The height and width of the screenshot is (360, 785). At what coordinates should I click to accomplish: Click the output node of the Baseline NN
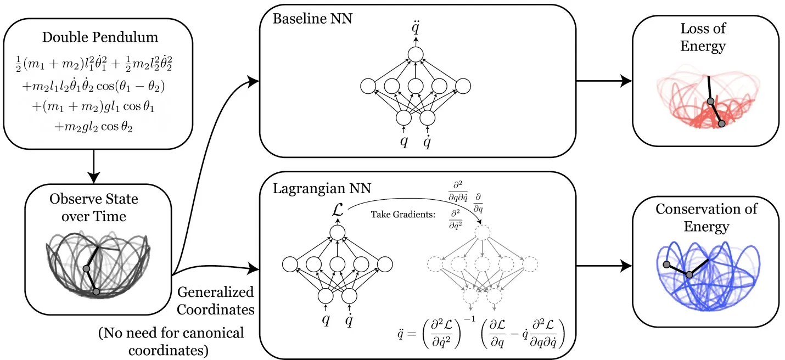(415, 54)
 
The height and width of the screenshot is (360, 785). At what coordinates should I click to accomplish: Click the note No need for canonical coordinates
(171, 341)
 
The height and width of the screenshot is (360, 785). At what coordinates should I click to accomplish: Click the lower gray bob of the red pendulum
(721, 124)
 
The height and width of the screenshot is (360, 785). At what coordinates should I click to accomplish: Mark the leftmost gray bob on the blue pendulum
(666, 265)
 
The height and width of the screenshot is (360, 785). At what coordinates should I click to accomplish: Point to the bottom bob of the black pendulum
(97, 292)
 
